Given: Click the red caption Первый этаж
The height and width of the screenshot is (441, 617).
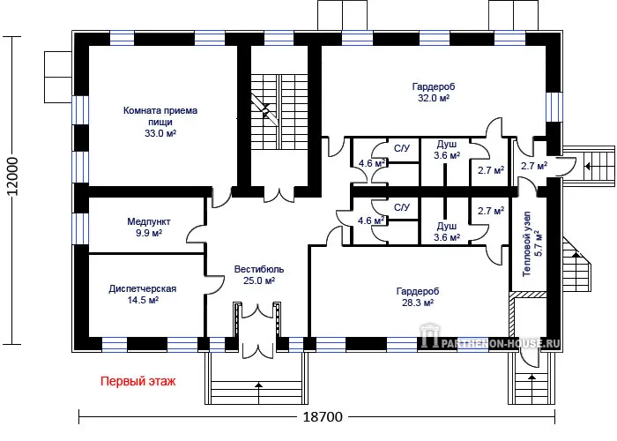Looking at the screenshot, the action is click(138, 382).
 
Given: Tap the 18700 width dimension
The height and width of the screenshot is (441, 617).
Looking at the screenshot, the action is click(323, 416).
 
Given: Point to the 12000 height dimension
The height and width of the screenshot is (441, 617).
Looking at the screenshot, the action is click(12, 176).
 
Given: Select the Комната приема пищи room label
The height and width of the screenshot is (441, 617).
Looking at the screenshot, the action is click(160, 116).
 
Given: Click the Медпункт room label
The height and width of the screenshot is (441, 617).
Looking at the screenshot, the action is click(149, 221).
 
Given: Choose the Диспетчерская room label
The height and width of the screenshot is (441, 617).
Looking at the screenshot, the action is click(143, 288).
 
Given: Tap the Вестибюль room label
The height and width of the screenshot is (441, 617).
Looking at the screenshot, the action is click(258, 269).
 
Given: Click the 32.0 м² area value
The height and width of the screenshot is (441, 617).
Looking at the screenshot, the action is click(434, 98).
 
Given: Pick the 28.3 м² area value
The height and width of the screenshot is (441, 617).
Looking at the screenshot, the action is click(418, 303).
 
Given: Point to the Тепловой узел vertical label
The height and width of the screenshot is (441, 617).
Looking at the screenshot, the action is click(526, 244).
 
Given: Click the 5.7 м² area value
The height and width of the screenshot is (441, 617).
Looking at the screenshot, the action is click(539, 243).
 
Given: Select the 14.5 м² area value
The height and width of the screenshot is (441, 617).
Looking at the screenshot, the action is click(143, 300).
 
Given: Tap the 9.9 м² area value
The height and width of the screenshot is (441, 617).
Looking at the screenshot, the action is click(149, 233).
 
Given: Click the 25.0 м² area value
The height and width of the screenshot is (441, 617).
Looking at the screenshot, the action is click(258, 280).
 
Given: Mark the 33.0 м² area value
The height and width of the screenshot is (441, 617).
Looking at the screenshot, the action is click(160, 133).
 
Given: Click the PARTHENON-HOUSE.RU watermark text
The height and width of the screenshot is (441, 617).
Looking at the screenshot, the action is click(500, 343).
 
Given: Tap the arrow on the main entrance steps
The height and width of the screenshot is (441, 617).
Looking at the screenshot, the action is click(259, 386).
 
